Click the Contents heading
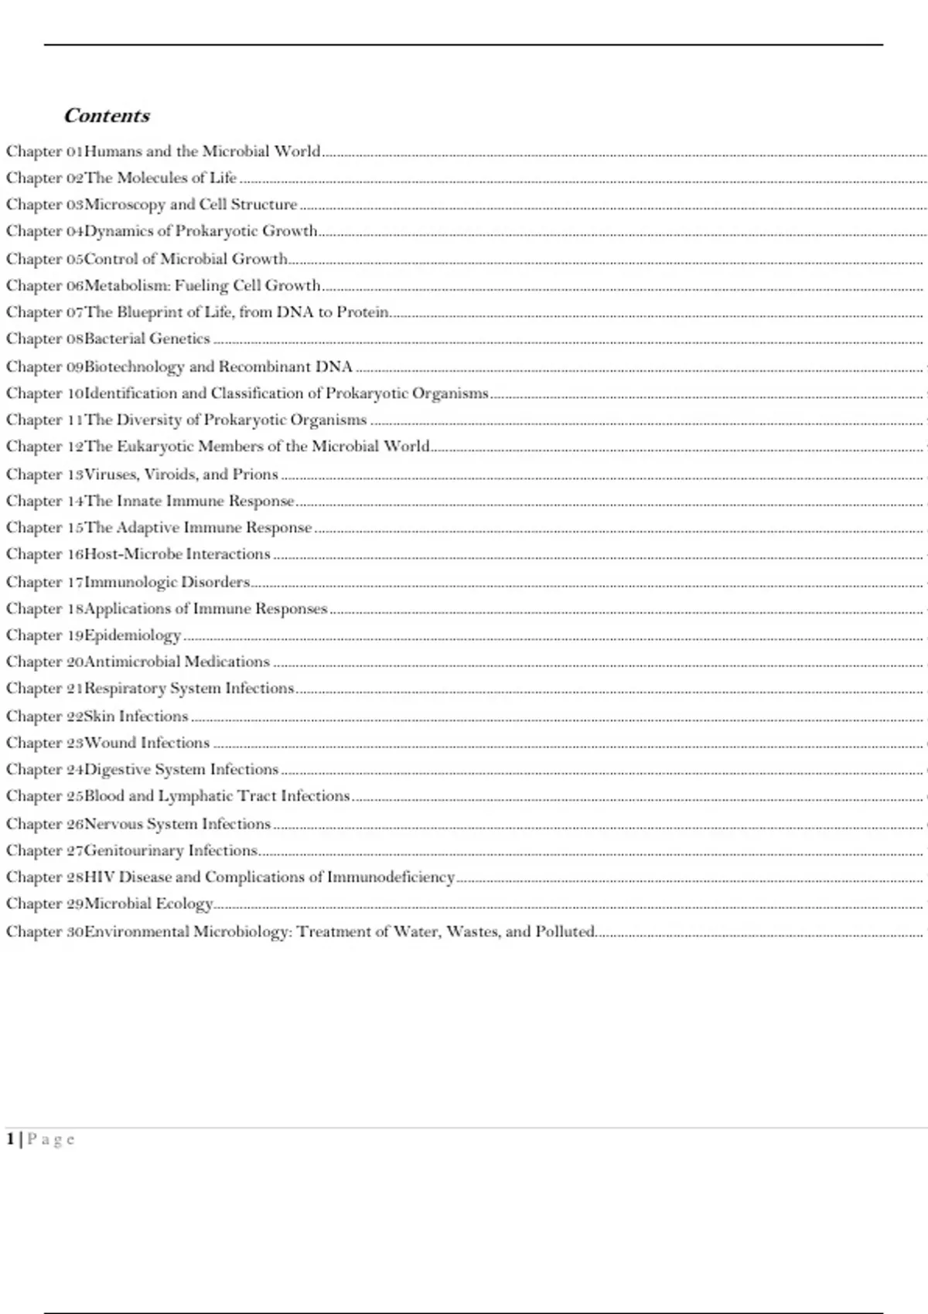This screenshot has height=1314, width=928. tap(107, 116)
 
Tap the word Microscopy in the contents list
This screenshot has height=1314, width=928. tap(125, 205)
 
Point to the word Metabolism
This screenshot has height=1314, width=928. tap(126, 286)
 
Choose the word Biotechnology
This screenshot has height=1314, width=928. tap(135, 366)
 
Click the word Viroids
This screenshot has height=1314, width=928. tap(171, 474)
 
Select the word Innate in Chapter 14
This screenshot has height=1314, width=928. tap(139, 501)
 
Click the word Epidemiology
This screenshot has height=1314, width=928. tap(132, 635)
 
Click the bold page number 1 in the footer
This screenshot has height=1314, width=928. tap(11, 1139)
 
